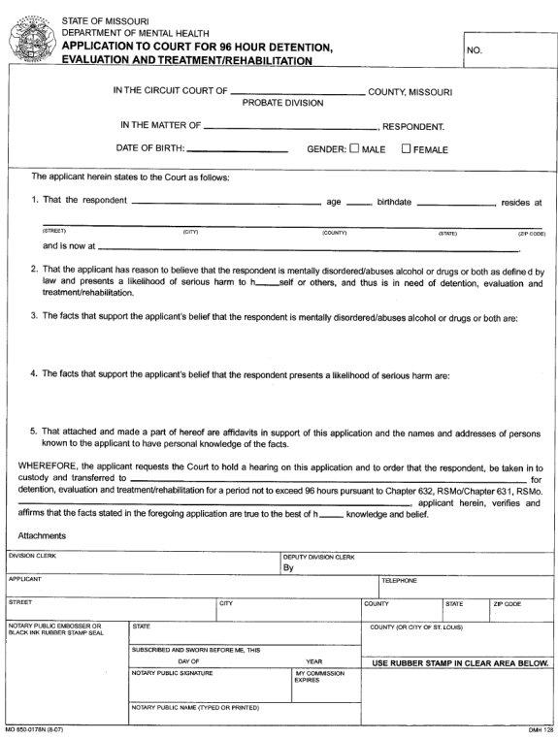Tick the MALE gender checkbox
pyautogui.click(x=354, y=149)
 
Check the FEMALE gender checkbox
pyautogui.click(x=407, y=149)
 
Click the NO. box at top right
pyautogui.click(x=507, y=48)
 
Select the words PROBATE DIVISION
pyautogui.click(x=283, y=102)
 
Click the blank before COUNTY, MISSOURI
pyautogui.click(x=298, y=93)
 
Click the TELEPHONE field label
pyautogui.click(x=399, y=581)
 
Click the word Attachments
pyautogui.click(x=42, y=535)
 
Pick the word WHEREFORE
pyautogui.click(x=49, y=466)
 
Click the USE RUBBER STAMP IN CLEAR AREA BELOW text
pyautogui.click(x=460, y=663)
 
